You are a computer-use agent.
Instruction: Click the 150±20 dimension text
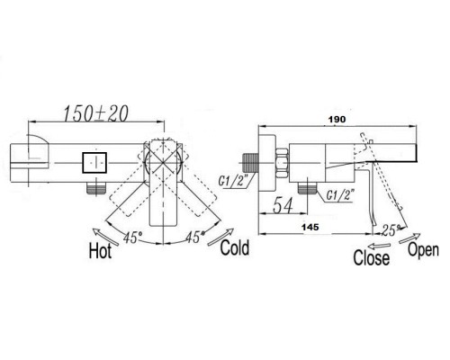(96, 113)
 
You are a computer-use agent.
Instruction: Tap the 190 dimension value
(337, 119)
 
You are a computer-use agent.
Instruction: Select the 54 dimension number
(283, 206)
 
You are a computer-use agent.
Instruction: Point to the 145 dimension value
(310, 227)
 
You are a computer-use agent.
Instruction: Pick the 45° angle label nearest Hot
(132, 238)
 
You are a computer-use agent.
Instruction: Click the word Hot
(100, 250)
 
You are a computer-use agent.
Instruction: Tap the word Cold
(235, 247)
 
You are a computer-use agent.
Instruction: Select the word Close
(372, 257)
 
